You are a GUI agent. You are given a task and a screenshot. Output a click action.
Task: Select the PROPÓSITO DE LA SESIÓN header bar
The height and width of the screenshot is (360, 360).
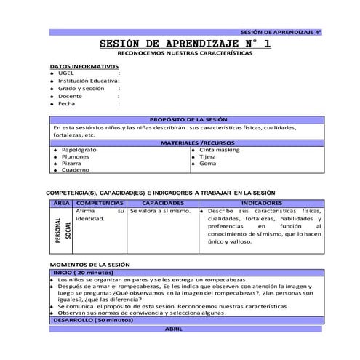tap(188, 119)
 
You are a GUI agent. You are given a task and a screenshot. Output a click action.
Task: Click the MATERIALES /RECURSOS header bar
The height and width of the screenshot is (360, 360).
tap(188, 143)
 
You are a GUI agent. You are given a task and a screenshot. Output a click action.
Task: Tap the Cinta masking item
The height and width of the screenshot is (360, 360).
tap(219, 151)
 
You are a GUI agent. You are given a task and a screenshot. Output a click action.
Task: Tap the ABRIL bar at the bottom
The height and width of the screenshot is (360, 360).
tap(174, 329)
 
